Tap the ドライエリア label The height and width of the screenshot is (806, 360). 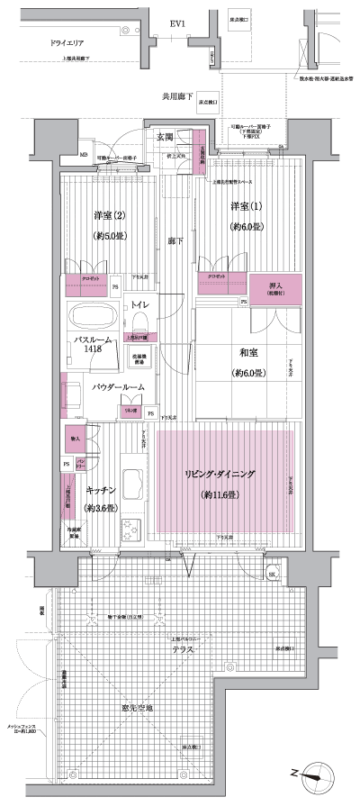(x=52, y=42)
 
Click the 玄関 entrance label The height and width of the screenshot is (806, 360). (x=165, y=137)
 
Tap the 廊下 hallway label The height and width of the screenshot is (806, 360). (x=174, y=241)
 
